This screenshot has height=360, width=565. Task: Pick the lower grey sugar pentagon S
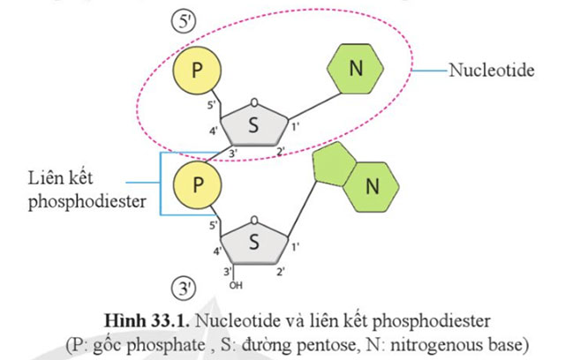click(x=253, y=244)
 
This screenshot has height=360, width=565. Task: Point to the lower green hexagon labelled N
click(x=372, y=186)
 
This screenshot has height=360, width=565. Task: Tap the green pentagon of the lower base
click(x=336, y=167)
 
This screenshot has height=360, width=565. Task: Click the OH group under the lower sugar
click(x=235, y=285)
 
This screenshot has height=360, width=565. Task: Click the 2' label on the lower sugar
click(x=280, y=270)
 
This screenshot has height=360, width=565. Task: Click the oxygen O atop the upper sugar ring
click(x=253, y=101)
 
